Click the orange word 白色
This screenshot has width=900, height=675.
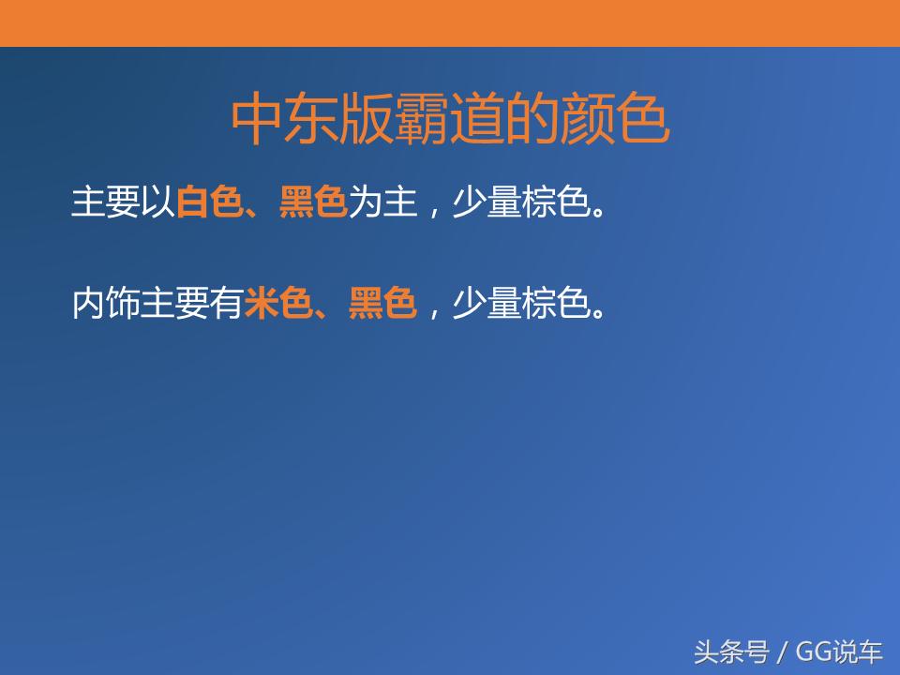click(210, 202)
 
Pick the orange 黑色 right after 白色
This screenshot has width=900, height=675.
click(313, 202)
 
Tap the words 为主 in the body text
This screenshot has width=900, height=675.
click(382, 202)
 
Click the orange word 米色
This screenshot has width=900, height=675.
click(278, 304)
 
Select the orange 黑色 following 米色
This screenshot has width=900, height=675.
click(382, 304)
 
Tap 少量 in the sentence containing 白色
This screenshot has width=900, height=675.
click(486, 202)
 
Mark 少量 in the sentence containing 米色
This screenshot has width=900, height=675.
click(486, 304)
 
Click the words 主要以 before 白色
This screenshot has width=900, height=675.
click(123, 202)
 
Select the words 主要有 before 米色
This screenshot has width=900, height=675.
click(192, 304)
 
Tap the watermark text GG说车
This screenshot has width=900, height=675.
click(839, 651)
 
